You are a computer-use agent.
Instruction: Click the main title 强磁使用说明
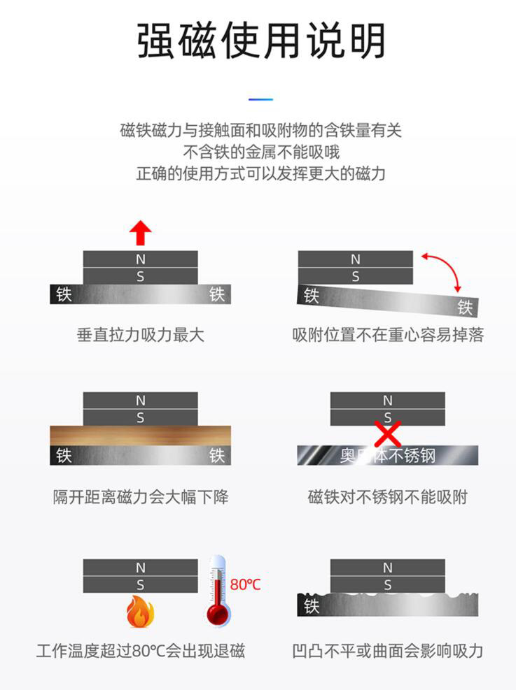point(261,41)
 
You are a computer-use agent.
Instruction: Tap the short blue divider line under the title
point(261,99)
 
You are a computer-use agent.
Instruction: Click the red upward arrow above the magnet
point(141,232)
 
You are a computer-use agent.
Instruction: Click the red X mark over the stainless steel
point(387,433)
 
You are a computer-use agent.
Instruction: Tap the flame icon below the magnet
point(140,612)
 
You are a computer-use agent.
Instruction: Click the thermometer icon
point(218,591)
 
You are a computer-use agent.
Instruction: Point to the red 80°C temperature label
point(246,584)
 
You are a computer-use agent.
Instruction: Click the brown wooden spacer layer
point(141,436)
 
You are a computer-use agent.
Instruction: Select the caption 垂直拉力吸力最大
point(141,335)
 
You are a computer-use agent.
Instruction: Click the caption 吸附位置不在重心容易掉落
point(388,335)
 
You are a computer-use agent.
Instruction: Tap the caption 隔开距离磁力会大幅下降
point(141,497)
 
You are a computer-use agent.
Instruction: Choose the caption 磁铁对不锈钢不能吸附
point(388,497)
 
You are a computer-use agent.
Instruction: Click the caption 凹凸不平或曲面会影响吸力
point(388,651)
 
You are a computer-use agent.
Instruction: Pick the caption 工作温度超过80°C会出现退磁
point(141,651)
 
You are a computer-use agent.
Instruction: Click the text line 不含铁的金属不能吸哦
point(261,152)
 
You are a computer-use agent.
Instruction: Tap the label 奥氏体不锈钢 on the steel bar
point(388,456)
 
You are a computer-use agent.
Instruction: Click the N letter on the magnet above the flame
point(141,568)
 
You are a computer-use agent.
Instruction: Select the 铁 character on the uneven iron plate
point(312,606)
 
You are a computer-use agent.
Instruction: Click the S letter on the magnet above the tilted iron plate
point(356,276)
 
